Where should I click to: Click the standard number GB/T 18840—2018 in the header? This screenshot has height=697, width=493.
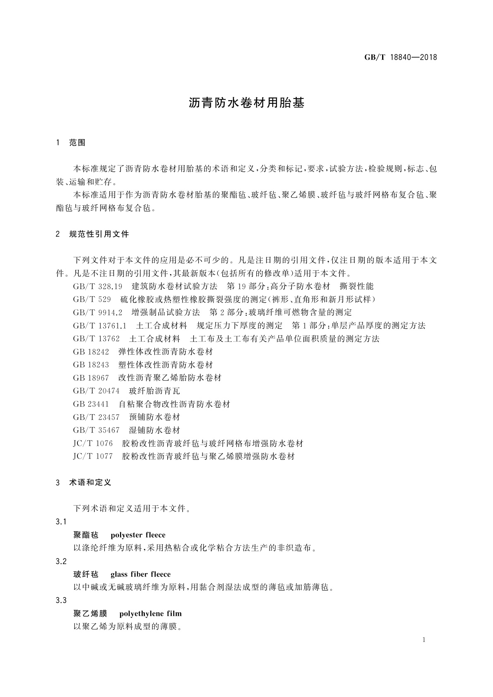[400, 58]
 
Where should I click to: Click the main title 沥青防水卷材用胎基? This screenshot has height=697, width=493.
[246, 103]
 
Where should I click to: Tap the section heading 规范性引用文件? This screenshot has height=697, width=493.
[99, 234]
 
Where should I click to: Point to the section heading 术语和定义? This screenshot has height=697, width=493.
[90, 483]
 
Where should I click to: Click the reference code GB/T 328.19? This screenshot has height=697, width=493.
[98, 286]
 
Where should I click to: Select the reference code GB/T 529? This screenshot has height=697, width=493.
[92, 300]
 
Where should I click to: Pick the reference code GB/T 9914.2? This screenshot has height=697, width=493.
[98, 312]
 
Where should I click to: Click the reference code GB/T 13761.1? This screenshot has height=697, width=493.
[100, 326]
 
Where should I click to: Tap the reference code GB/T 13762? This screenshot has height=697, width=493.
[96, 339]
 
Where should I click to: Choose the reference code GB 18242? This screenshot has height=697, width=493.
[91, 352]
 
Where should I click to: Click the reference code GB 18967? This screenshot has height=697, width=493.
[91, 378]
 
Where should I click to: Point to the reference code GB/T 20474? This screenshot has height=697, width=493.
[96, 391]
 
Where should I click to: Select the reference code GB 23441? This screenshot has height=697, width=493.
[91, 404]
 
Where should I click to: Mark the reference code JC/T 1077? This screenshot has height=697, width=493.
[93, 457]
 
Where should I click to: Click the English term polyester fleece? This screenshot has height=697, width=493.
[138, 535]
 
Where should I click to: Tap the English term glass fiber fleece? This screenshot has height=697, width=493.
[140, 574]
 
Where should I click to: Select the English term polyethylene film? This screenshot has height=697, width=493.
[150, 613]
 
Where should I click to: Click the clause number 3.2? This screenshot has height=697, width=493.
[61, 562]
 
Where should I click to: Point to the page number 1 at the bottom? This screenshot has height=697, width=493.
[424, 640]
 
